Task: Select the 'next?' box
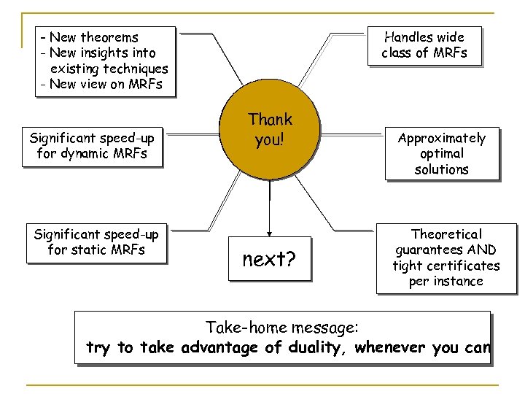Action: pyautogui.click(x=268, y=258)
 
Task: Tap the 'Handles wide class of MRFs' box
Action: pyautogui.click(x=424, y=45)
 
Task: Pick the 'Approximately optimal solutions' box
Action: pyautogui.click(x=441, y=153)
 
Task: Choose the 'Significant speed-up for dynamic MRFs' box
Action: pyautogui.click(x=92, y=145)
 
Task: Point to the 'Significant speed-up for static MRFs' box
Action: pyautogui.click(x=96, y=242)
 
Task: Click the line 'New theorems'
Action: pyautogui.click(x=90, y=37)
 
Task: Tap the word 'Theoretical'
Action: pyautogui.click(x=446, y=234)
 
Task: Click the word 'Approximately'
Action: pyautogui.click(x=441, y=138)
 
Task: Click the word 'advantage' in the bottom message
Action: pyautogui.click(x=214, y=347)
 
